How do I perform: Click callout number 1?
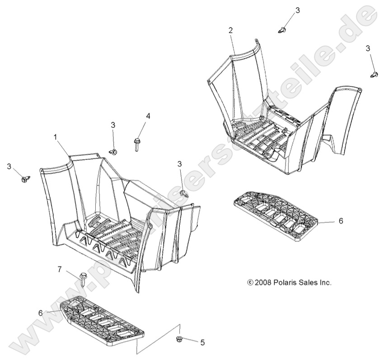pos(56,137)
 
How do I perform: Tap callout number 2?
pos(230,30)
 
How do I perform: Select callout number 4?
pos(148,116)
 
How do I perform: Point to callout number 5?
pos(202,342)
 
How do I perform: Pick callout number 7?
pos(60,269)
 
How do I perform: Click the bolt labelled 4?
pos(136,145)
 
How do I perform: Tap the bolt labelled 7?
pos(83,280)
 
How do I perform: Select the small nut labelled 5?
pos(179,339)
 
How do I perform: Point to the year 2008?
pos(263,283)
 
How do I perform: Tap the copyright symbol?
pos(250,283)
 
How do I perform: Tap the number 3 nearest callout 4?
pos(112,125)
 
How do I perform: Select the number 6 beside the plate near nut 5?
pos(41,313)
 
